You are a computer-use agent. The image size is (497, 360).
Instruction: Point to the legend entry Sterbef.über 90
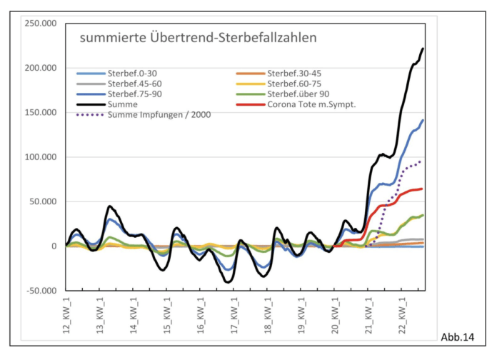(x=297, y=94)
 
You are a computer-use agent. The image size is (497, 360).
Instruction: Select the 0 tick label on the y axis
(x=55, y=246)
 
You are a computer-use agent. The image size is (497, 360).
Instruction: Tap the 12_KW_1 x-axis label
(x=66, y=314)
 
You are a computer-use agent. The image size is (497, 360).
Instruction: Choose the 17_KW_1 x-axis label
(x=234, y=314)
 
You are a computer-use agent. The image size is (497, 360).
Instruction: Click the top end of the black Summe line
(x=423, y=49)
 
